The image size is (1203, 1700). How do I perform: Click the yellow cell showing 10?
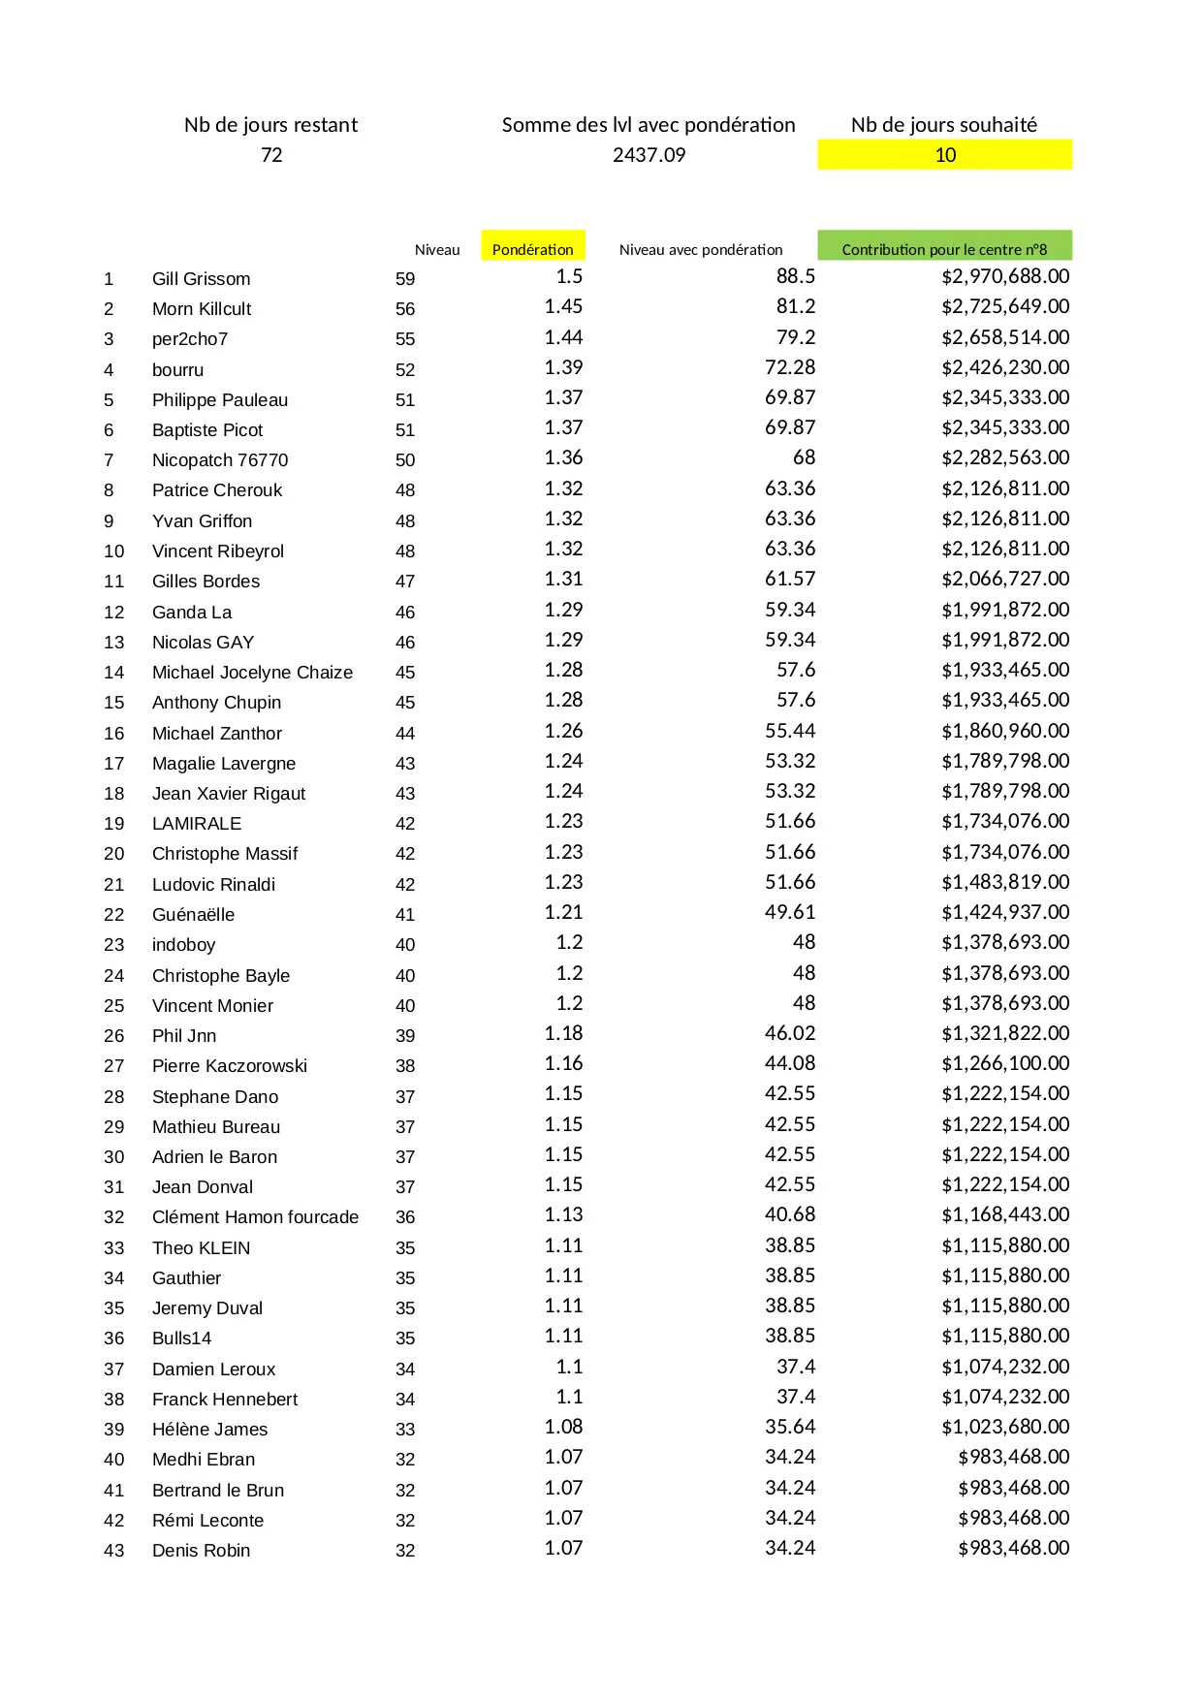coord(944,155)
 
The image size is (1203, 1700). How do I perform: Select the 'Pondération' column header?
coord(532,249)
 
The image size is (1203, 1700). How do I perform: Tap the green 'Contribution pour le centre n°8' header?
coord(944,249)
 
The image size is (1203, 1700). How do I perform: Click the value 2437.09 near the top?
coord(649,155)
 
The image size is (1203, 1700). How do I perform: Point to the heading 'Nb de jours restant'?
coord(270,125)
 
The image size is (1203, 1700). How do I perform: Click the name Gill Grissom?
coord(201,279)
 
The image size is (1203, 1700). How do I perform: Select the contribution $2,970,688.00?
coord(1005,276)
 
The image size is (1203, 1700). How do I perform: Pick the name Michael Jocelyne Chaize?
coord(252,673)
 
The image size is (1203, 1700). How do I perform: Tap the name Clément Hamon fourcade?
coord(255,1217)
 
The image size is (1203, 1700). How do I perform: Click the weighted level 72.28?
coord(790,367)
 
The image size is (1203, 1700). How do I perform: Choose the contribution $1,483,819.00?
coord(1005,882)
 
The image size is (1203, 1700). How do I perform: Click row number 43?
coord(114,1551)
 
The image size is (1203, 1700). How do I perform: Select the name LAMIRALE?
coord(197,824)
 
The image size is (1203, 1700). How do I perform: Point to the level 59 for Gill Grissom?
coord(405,279)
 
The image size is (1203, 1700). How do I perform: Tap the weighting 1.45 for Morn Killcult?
coord(563,306)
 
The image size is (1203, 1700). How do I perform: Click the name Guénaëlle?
coord(193,915)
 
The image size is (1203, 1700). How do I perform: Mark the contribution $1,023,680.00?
coord(1005,1427)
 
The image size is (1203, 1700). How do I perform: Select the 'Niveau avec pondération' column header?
coord(701,250)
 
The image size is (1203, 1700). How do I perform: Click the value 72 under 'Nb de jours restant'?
coord(271,155)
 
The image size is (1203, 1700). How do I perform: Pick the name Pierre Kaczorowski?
coord(230,1066)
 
